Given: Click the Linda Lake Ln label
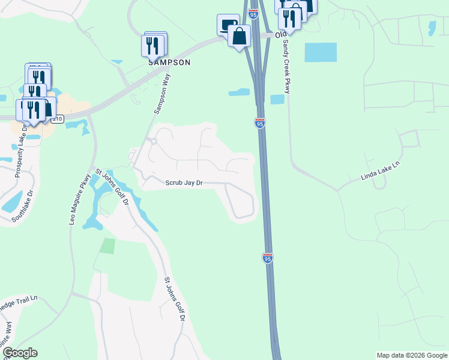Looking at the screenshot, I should pos(380,172).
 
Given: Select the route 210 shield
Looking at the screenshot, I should pos(58,119).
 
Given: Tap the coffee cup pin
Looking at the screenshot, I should pos(228,25).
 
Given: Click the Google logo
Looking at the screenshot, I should pos(20,353).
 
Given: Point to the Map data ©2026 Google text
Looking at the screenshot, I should pos(412,355).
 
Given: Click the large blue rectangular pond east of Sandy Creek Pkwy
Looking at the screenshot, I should pos(321,52).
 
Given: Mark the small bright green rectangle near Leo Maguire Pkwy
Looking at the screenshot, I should pos(107,245).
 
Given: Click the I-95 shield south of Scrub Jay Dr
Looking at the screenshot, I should pos(268,258).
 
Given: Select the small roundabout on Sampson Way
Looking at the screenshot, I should pos(152,142).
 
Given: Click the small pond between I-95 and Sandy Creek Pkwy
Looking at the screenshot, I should pos(277,99).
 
